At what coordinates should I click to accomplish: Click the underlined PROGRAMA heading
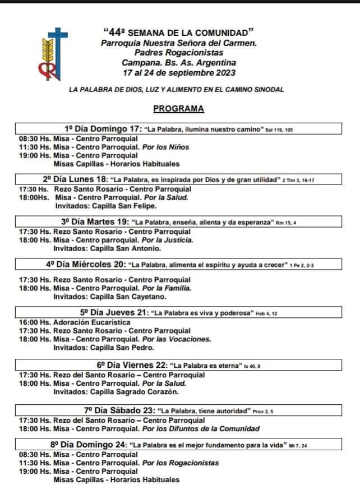(178, 109)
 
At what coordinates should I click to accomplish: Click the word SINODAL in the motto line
(269, 90)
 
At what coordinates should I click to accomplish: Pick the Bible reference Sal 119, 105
(279, 130)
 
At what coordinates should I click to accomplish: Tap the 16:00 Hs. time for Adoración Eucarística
(34, 322)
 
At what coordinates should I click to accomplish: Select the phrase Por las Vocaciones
(177, 339)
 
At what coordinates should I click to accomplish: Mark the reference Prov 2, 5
(263, 412)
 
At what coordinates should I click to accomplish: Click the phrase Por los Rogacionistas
(180, 463)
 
